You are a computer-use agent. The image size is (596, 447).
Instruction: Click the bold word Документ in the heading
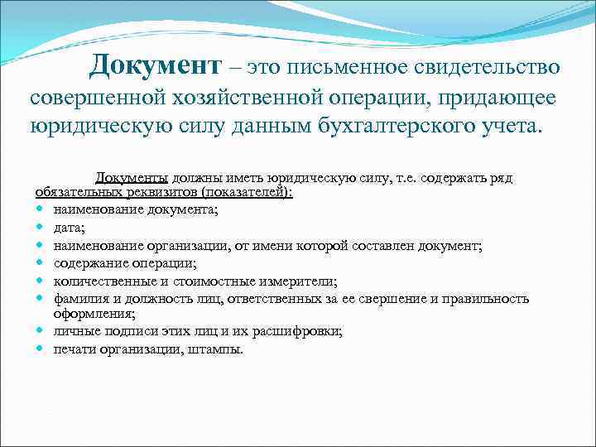[x=156, y=65]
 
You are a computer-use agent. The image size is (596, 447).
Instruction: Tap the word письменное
[x=354, y=65]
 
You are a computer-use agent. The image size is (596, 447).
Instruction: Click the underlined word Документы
[x=132, y=178]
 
